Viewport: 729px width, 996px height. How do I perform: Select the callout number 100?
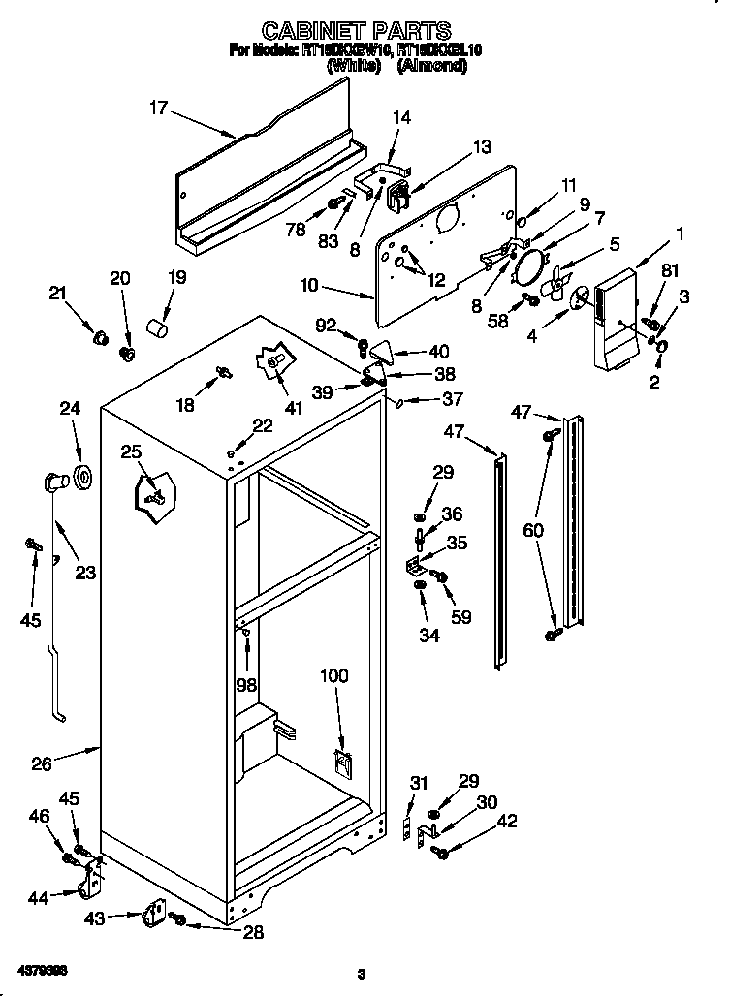coord(333,676)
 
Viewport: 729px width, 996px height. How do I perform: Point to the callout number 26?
coord(42,763)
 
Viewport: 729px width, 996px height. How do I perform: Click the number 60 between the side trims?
coord(534,530)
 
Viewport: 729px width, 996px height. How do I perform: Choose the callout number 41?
coord(293,408)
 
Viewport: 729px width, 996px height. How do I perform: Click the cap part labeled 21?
coord(97,339)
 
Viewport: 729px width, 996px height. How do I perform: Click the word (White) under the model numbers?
coord(353,67)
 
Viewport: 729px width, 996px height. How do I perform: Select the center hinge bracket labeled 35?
coord(414,564)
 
